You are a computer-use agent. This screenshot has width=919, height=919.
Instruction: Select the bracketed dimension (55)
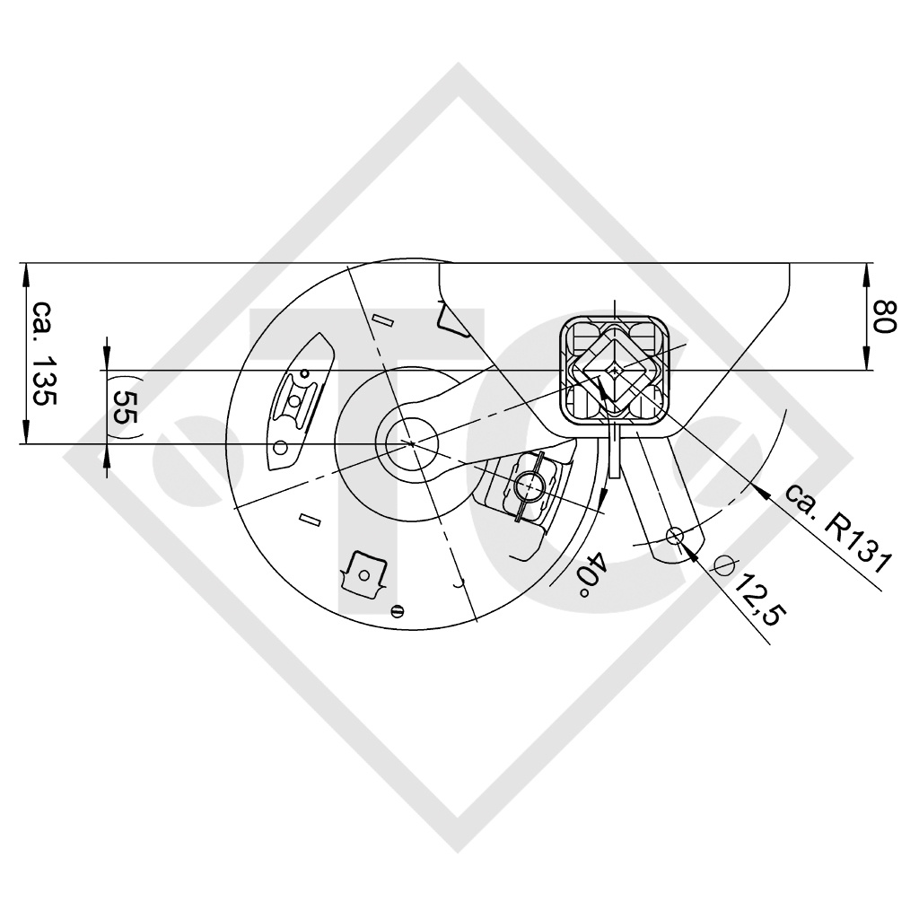click(125, 406)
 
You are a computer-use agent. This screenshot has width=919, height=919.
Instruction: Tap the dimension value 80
click(884, 317)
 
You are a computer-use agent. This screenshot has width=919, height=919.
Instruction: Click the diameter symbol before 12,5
click(723, 565)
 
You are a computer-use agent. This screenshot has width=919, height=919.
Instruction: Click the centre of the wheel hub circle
click(411, 443)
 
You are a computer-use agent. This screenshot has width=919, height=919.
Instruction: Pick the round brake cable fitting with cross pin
click(530, 486)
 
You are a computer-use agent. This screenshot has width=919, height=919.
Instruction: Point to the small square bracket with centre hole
click(365, 571)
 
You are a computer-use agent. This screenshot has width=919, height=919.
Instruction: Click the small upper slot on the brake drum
click(383, 319)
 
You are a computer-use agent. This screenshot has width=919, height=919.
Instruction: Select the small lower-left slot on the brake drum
click(311, 519)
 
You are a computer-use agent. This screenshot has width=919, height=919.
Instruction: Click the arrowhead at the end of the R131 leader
click(759, 489)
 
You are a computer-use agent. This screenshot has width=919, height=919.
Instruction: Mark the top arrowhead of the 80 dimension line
click(867, 270)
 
